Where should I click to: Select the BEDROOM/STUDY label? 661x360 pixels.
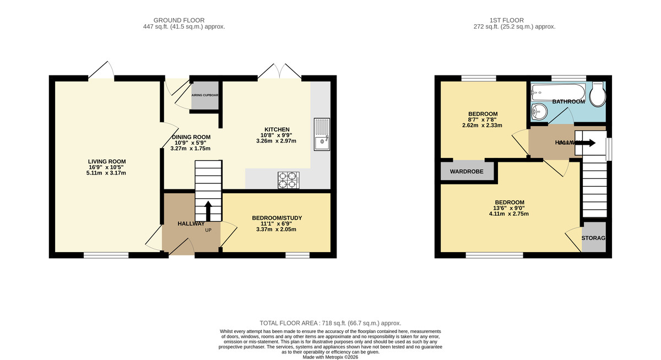(277, 218)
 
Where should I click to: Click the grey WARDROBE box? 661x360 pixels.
(467, 172)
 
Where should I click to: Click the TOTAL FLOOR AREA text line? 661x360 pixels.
(330, 323)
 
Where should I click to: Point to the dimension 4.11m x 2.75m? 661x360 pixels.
(509, 214)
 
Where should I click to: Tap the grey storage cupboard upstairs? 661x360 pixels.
(593, 238)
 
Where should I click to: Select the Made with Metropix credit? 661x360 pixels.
(330, 357)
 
